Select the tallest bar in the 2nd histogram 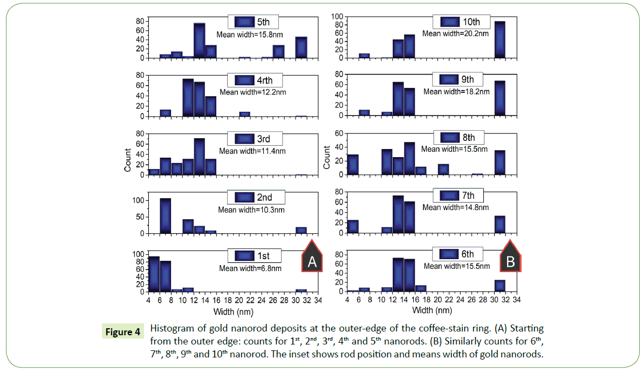coord(166,216)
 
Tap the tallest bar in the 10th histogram coord(500,39)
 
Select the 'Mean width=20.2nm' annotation coord(455,33)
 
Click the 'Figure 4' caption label coord(122,332)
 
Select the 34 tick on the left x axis coord(318,300)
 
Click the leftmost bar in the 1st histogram coord(154,274)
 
